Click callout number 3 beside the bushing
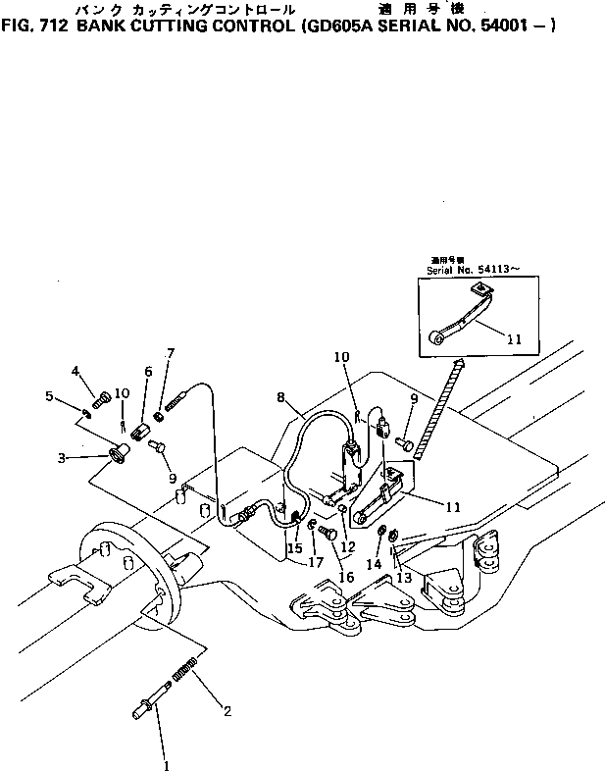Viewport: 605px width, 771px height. pos(61,457)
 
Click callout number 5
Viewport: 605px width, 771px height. pos(49,395)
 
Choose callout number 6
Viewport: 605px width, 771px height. pos(149,372)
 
